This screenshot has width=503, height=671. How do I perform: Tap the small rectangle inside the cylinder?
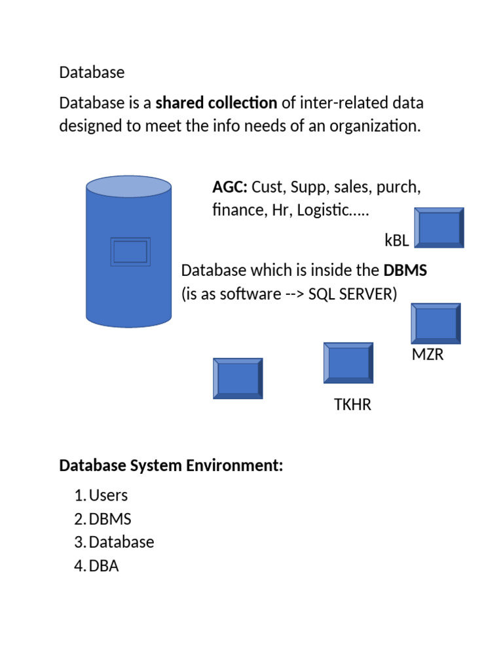click(130, 252)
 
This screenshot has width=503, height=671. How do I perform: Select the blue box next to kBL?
click(439, 228)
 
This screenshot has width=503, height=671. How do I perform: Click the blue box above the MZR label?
click(436, 324)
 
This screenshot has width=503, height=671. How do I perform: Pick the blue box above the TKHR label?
click(348, 363)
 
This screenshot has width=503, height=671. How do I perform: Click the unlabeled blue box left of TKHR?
click(238, 378)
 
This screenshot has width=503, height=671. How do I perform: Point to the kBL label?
click(397, 240)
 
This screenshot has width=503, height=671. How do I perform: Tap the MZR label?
click(428, 355)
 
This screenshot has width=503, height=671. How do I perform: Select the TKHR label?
click(352, 405)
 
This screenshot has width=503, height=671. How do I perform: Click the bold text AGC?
click(229, 187)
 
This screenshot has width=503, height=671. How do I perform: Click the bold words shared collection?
click(216, 103)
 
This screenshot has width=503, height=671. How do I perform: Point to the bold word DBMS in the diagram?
click(405, 270)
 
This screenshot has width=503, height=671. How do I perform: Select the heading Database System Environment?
click(171, 466)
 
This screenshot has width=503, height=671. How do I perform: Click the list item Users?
click(108, 495)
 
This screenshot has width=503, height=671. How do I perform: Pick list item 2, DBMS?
click(110, 519)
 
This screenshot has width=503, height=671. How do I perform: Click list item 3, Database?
click(121, 543)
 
